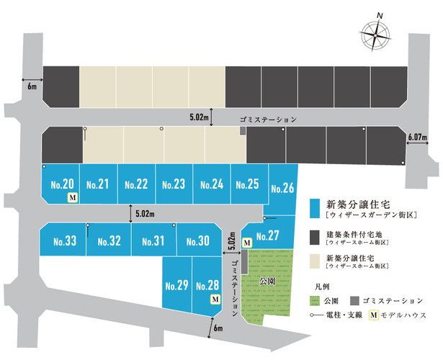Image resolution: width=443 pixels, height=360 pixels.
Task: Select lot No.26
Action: click(282, 188)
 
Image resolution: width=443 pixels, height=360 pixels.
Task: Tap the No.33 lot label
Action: click(65, 241)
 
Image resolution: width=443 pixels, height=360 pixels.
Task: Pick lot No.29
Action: click(177, 285)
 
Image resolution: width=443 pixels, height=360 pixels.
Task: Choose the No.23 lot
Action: click(174, 184)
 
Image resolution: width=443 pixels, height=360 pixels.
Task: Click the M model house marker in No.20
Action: click(73, 198)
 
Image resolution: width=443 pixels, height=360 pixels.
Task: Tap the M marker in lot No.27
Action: click(247, 243)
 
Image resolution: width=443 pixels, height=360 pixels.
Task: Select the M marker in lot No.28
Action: click(215, 299)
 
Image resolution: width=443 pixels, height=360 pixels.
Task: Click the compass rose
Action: click(376, 35)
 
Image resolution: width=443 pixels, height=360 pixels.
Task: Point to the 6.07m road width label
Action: click(417, 138)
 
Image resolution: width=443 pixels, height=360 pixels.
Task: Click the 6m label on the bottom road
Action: click(218, 328)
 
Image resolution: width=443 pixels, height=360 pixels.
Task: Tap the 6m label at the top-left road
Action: click(32, 86)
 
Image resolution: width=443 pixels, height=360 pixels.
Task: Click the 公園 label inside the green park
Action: click(267, 282)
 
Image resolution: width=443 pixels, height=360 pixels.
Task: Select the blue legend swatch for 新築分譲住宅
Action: click(315, 208)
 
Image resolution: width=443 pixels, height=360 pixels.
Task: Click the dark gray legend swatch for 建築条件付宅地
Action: click(315, 238)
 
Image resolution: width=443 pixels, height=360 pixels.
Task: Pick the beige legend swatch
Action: click(315, 261)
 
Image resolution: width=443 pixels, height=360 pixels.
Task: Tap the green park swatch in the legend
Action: click(315, 301)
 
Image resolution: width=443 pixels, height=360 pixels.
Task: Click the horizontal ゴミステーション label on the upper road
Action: click(268, 120)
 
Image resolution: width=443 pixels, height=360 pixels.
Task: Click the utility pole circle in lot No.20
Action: click(44, 167)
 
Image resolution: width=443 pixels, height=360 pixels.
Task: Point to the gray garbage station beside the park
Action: click(245, 261)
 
